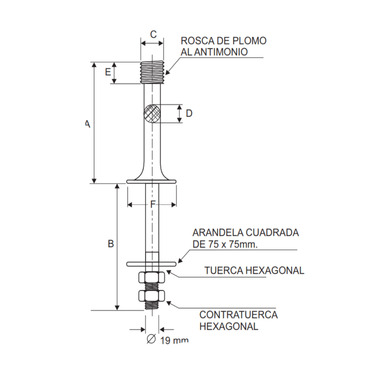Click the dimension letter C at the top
pyautogui.click(x=153, y=34)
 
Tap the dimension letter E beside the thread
pyautogui.click(x=108, y=72)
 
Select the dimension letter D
pyautogui.click(x=189, y=113)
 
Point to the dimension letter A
pyautogui.click(x=87, y=124)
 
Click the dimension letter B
pyautogui.click(x=111, y=244)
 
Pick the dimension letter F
pyautogui.click(x=152, y=204)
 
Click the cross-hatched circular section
pyautogui.click(x=152, y=113)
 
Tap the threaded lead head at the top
pyautogui.click(x=152, y=73)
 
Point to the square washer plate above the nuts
pyautogui.click(x=151, y=263)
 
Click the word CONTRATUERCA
pyautogui.click(x=238, y=315)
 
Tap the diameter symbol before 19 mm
pyautogui.click(x=151, y=339)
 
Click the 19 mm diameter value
pyautogui.click(x=174, y=340)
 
